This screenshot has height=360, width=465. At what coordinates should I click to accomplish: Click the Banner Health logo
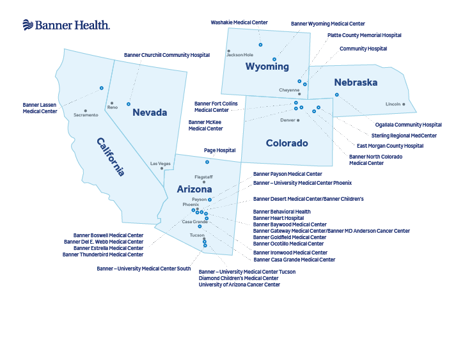coord(66,25)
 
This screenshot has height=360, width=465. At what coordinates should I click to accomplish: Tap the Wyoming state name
coord(267,67)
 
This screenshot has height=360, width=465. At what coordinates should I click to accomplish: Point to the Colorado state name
coord(287,143)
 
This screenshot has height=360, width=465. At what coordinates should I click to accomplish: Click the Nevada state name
coord(150,113)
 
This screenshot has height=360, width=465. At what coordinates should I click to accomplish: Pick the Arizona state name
coord(194,189)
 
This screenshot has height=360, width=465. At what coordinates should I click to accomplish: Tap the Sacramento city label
coord(86,115)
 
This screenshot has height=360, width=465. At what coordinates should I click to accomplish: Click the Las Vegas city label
coord(161,164)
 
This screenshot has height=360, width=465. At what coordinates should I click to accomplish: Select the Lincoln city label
coord(393,104)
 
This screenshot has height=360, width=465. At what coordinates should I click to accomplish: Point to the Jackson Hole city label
coord(240,55)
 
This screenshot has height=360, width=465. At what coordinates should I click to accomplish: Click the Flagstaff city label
coord(203,176)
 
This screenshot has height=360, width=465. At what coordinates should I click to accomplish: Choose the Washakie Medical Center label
coord(239,22)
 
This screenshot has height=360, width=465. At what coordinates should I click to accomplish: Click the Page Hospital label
coord(219,150)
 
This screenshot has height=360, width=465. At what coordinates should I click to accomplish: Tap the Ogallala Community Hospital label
coord(408,125)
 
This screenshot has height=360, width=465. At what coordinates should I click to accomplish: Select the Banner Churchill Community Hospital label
coord(167,55)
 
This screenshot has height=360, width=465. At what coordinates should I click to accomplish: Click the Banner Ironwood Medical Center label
coord(290,252)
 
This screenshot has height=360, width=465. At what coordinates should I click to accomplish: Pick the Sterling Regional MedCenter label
coord(404,136)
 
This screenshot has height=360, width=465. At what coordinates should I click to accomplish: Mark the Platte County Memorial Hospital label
coord(364,35)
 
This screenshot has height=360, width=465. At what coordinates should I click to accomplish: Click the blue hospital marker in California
coord(101,88)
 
